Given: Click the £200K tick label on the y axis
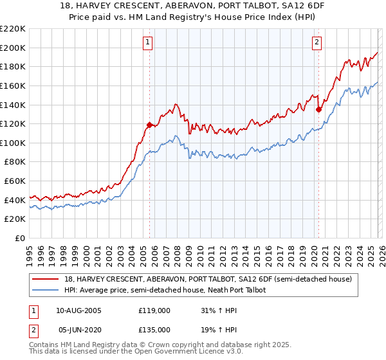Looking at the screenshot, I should click(x=14, y=48).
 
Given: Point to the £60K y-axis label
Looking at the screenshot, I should click(x=15, y=181).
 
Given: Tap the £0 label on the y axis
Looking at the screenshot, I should click(x=20, y=239).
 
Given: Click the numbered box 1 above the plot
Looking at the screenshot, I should click(x=148, y=43).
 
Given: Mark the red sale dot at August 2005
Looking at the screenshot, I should click(x=149, y=125).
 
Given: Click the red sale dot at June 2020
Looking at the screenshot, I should click(x=318, y=109).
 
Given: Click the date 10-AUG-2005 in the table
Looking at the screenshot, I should click(x=79, y=310).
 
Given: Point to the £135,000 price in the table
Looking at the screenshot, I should click(x=154, y=330).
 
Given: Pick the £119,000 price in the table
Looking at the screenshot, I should click(x=154, y=310).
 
